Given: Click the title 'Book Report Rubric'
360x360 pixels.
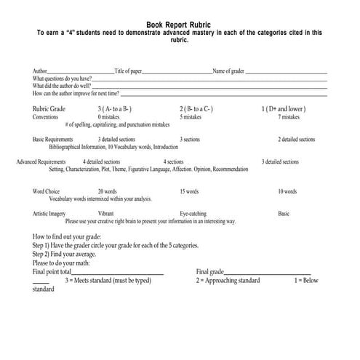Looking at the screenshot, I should coord(179,24).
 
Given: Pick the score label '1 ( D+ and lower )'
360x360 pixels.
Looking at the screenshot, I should coord(283,108).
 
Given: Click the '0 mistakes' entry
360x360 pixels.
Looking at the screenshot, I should coord(108,116).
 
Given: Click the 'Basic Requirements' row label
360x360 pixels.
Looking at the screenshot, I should coord(53,139).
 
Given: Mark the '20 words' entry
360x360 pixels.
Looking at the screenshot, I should coord(107,191).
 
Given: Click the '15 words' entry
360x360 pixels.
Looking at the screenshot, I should coord(189,191).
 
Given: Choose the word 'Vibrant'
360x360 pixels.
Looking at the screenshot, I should coord(105,214).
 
